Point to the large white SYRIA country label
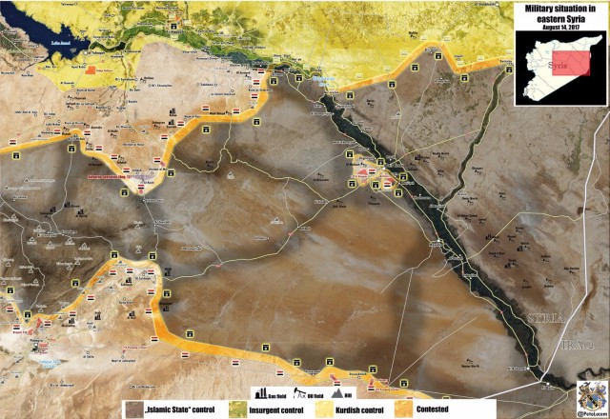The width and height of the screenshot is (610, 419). coord(543,318)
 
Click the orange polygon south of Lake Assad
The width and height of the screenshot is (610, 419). coord(91,70)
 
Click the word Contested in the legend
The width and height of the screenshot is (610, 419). coord(460,409)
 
